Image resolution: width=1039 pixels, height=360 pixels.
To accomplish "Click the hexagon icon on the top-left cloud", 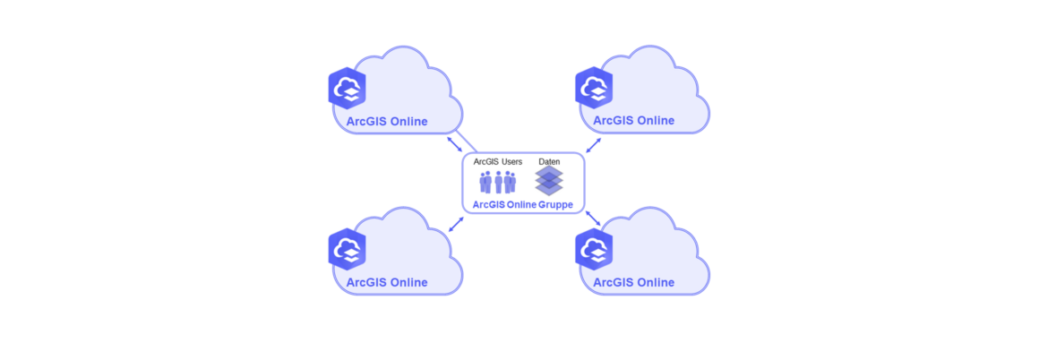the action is [348, 88].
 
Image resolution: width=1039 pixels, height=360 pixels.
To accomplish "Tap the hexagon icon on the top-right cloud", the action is [594, 88].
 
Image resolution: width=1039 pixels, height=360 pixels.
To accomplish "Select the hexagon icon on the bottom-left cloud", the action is [348, 249].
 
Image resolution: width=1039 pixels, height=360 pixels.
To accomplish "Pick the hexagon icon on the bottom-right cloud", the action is [594, 249].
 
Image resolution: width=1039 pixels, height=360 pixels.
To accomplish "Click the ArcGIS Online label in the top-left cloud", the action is [387, 121].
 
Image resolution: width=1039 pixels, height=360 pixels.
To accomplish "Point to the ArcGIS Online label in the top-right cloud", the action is [633, 121].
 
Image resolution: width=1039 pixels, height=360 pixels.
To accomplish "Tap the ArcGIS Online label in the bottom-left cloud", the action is [387, 282].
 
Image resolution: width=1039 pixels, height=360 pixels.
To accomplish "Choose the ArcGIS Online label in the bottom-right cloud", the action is [633, 282].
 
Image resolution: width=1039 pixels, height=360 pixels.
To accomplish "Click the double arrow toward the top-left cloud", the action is [455, 144].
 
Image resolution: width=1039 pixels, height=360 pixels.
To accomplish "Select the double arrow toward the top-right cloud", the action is [594, 145].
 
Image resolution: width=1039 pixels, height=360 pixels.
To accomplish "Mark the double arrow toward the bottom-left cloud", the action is [456, 224].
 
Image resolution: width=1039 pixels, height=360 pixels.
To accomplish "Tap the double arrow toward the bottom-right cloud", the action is [593, 219].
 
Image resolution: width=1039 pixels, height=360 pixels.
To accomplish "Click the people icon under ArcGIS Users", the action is [498, 182].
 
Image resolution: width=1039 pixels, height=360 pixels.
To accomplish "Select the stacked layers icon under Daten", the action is [549, 181].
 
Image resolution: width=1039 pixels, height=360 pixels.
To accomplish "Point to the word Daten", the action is [549, 161].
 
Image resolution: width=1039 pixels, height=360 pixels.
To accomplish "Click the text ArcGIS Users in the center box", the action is [498, 161].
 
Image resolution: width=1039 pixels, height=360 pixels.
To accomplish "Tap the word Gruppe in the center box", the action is [555, 205].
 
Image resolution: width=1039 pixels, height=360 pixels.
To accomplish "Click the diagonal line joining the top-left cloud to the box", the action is [467, 141].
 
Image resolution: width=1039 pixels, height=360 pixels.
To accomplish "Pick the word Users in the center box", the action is [512, 161].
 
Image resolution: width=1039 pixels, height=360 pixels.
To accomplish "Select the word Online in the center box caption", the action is [521, 205].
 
